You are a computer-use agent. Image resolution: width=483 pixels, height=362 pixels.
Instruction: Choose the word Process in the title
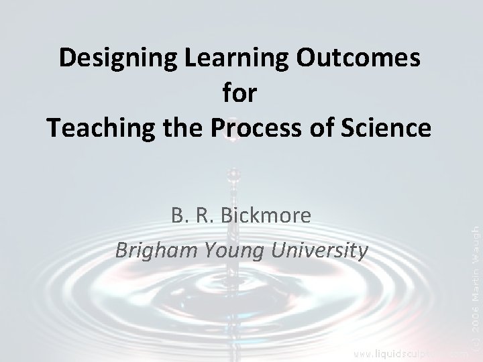259,127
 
